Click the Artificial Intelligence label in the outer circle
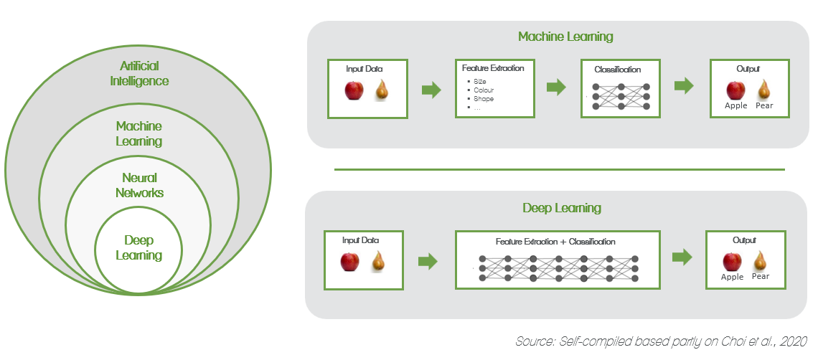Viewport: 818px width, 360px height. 139,74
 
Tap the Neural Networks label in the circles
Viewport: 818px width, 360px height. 139,185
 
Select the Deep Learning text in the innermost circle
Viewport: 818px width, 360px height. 139,247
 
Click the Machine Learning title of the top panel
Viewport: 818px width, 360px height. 566,37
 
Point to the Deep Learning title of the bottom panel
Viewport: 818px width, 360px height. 561,208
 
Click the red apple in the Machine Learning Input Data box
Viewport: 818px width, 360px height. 354,91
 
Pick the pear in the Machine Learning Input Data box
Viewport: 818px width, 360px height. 382,90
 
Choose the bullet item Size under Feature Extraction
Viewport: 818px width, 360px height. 479,82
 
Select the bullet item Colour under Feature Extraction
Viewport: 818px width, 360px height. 484,90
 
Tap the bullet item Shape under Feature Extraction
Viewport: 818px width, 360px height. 484,99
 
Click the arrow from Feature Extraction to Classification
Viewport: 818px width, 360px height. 556,87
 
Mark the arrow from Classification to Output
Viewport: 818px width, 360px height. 685,86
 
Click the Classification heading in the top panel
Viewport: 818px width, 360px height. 618,70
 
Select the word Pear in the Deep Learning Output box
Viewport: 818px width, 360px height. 761,276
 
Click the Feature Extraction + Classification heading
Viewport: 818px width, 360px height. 555,242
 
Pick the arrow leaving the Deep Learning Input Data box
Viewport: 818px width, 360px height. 428,261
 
